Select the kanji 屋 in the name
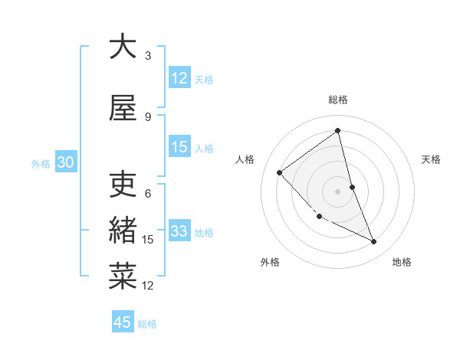pyautogui.click(x=123, y=108)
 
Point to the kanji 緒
pyautogui.click(x=123, y=230)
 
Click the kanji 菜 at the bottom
pyautogui.click(x=123, y=275)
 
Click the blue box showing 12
pyautogui.click(x=179, y=77)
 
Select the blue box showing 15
pyautogui.click(x=179, y=146)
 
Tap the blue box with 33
pyautogui.click(x=179, y=231)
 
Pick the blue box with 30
pyautogui.click(x=65, y=162)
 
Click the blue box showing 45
pyautogui.click(x=123, y=322)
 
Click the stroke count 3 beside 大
pyautogui.click(x=148, y=56)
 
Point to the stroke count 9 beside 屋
pyautogui.click(x=148, y=116)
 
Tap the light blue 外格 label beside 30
pyautogui.click(x=41, y=163)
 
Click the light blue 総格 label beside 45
pyautogui.click(x=147, y=323)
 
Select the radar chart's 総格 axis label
pyautogui.click(x=338, y=100)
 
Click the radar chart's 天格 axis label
pyautogui.click(x=432, y=159)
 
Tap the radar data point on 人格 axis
pyautogui.click(x=280, y=172)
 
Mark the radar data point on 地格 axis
pyautogui.click(x=374, y=241)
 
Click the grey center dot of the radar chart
pyautogui.click(x=338, y=191)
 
